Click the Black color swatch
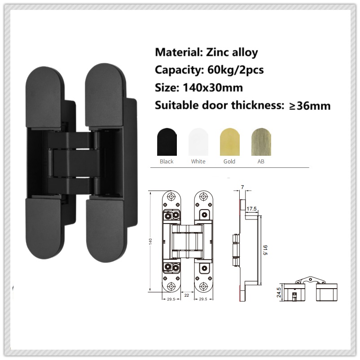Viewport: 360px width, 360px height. pos(167,141)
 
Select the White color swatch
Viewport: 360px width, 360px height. pos(198,141)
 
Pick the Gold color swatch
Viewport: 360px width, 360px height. pos(229,141)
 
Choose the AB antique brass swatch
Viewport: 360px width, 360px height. pos(261,141)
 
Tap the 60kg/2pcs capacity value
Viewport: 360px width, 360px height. pos(236,70)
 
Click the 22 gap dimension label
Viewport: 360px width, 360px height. pos(186,295)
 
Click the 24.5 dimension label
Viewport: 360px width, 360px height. pos(279,293)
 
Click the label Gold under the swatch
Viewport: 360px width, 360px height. pos(229,161)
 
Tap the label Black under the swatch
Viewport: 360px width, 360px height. pos(167,161)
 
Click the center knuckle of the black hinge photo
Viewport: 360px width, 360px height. pos(75,164)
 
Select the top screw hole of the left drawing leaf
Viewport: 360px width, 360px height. pos(172,197)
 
